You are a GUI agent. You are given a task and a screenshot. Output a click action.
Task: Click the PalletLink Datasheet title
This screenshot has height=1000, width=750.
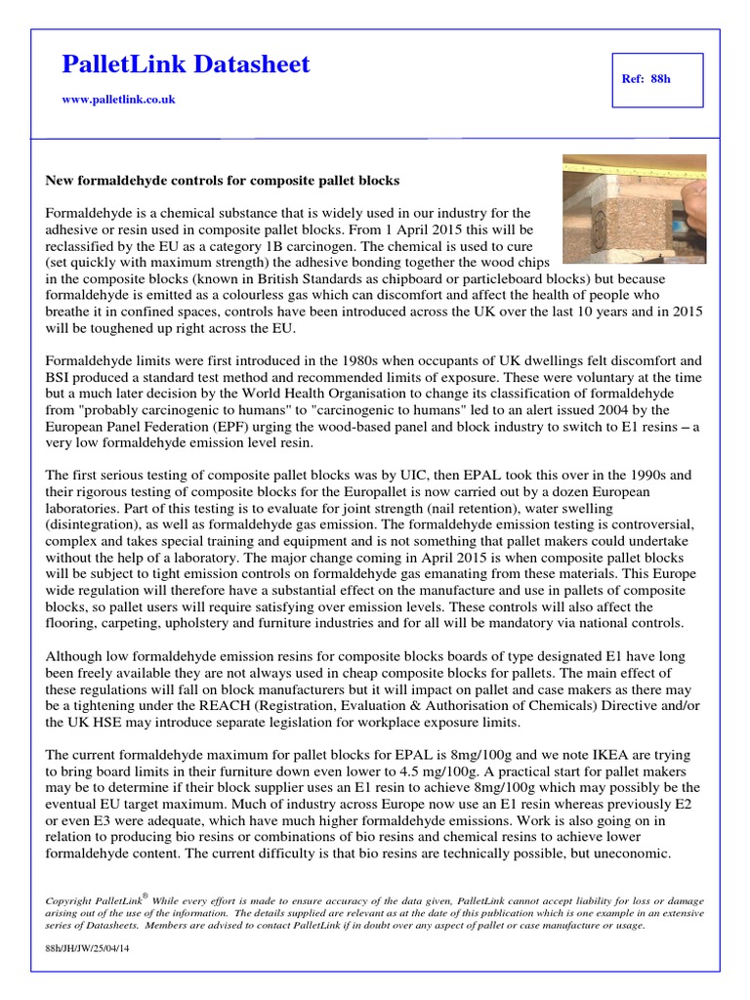[x=185, y=65]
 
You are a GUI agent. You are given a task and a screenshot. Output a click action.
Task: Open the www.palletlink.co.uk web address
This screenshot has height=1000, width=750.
[x=118, y=100]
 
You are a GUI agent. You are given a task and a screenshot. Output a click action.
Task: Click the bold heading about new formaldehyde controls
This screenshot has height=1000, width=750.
[x=223, y=181]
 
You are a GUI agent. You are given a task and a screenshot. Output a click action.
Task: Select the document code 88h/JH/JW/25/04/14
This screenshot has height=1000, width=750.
[x=88, y=948]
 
